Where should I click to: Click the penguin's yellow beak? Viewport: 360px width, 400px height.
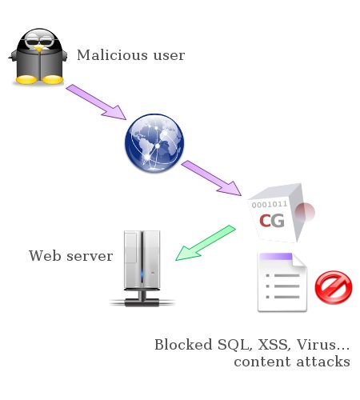coord(39,48)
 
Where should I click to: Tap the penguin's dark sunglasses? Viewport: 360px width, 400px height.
coord(40,42)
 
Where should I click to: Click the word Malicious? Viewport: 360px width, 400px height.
coord(112,55)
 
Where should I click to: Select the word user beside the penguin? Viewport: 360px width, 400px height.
coord(169,56)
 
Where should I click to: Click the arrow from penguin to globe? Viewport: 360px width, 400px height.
coord(96,102)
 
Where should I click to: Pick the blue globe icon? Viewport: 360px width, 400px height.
coord(154,143)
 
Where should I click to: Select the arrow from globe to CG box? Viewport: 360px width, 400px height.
coord(211,178)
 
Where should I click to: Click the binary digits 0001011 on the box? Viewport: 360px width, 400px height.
coord(270,205)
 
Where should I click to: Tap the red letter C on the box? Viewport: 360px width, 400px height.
coord(265,221)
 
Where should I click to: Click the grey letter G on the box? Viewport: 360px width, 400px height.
coord(278,221)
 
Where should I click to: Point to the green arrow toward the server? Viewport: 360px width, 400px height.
coord(206,242)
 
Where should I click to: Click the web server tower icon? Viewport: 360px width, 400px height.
coord(142,268)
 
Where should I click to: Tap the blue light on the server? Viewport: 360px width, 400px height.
coord(142,274)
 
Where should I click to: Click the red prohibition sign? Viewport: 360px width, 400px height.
coord(334,287)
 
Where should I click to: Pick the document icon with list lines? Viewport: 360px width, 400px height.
coord(282,282)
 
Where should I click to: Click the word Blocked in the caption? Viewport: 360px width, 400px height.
coord(183,344)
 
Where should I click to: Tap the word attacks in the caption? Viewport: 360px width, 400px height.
coord(323,362)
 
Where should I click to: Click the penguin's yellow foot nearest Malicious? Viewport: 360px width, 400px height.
coord(53,79)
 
